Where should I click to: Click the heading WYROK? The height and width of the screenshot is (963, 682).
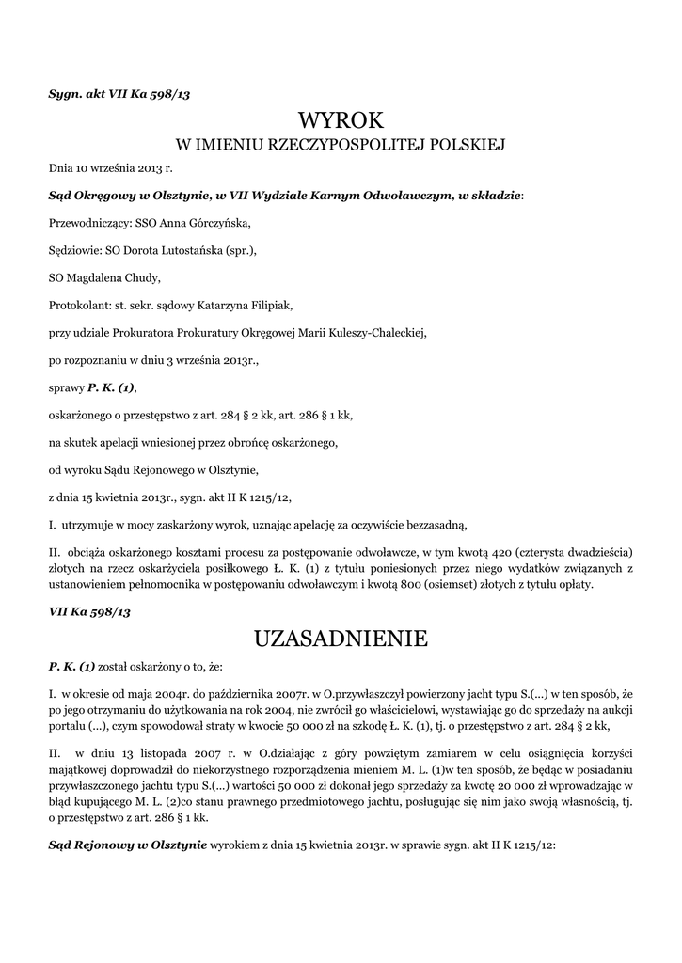tap(341, 120)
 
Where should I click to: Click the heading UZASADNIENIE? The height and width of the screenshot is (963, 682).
tap(341, 639)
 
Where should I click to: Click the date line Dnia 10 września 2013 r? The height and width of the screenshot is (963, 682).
tap(111, 169)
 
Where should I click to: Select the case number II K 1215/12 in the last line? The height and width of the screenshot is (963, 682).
tap(522, 845)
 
